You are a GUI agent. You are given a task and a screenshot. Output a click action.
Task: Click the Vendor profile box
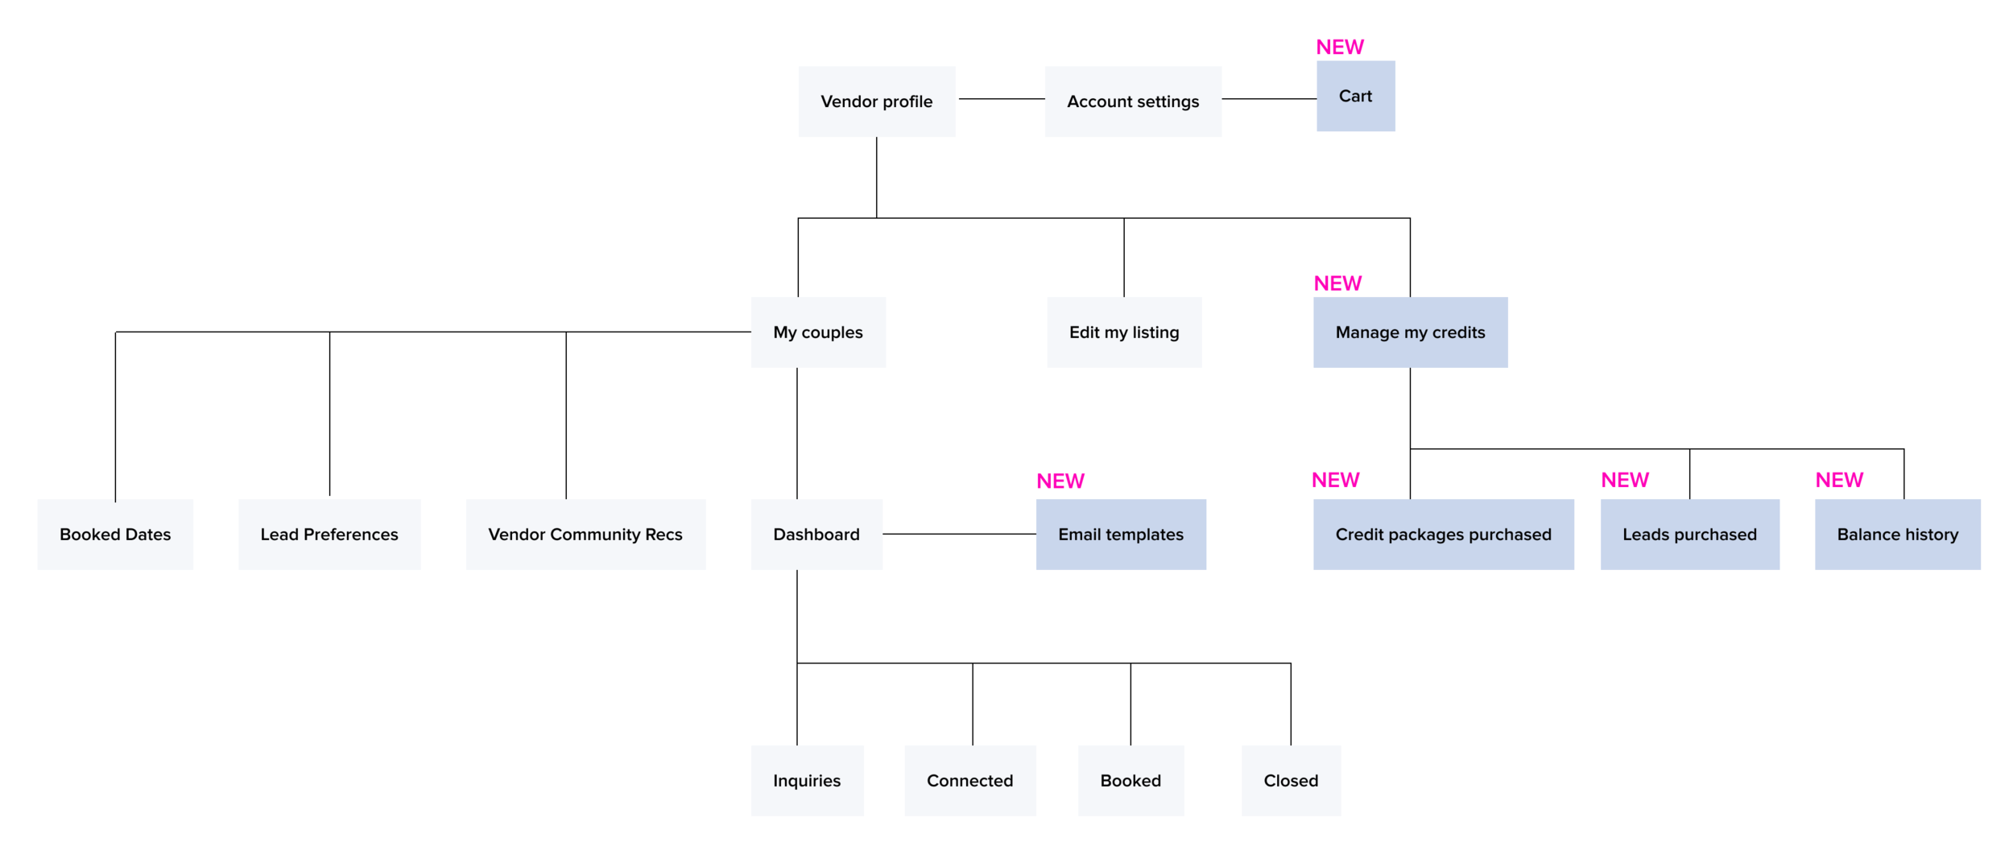tap(876, 101)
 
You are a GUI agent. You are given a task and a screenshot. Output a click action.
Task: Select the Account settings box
tap(1132, 101)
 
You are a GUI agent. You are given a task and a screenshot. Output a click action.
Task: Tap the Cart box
tap(1355, 96)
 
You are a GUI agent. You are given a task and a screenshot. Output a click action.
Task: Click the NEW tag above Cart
tap(1339, 47)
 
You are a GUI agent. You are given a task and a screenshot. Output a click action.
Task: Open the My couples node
tap(817, 332)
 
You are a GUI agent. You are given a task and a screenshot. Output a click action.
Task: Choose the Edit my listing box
tap(1123, 332)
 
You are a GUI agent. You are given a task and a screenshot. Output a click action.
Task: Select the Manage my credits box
tap(1409, 332)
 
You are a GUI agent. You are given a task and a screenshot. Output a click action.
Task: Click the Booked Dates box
tap(115, 535)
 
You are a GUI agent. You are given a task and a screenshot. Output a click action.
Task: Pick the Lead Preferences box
tap(329, 535)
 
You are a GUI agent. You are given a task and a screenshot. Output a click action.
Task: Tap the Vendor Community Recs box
tap(585, 535)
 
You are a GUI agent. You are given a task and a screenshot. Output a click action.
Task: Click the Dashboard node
tap(816, 535)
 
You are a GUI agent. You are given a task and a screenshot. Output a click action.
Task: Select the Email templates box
tap(1120, 535)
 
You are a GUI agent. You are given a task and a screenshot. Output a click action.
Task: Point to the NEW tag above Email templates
tap(1060, 481)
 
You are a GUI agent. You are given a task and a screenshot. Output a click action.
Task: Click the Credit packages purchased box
tap(1442, 535)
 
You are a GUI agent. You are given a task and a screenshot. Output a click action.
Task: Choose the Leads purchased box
tap(1689, 535)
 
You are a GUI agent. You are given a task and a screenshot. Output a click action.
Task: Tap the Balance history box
tap(1896, 535)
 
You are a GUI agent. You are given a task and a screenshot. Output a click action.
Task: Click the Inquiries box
tap(806, 780)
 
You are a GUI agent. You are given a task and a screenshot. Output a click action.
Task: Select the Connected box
tap(969, 780)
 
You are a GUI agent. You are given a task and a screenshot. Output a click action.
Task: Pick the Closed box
tap(1290, 780)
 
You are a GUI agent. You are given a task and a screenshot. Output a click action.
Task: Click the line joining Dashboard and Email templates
tap(958, 534)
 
